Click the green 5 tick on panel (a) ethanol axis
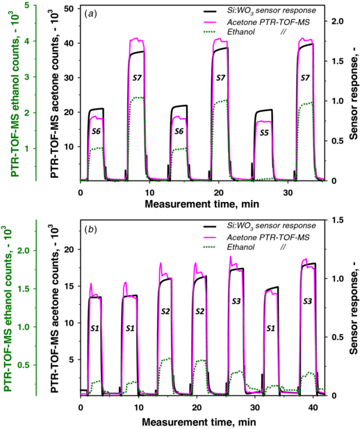click(x=26, y=6)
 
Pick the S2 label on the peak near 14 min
click(x=165, y=311)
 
